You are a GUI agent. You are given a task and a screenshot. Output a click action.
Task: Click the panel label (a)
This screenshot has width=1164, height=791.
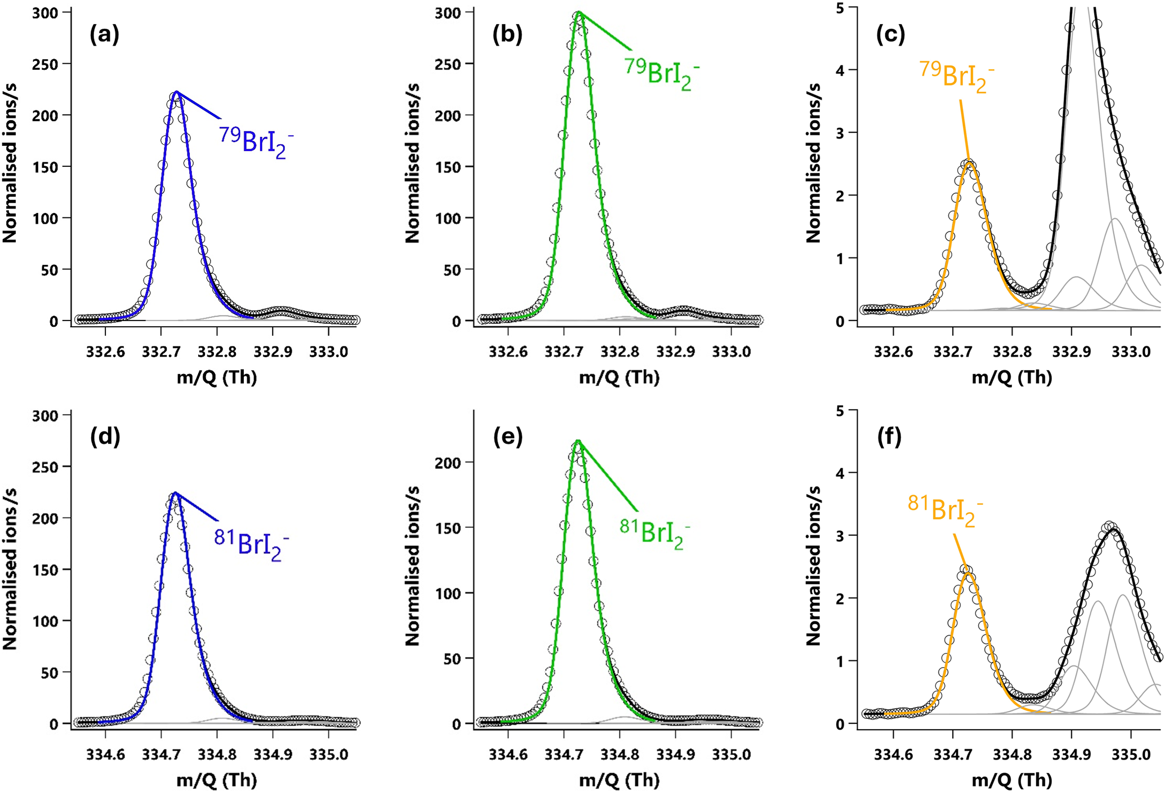click(105, 35)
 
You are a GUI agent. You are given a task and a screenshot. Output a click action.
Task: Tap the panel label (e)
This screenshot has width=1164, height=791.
click(508, 437)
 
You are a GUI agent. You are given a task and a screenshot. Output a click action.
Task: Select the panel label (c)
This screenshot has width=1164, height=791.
click(890, 35)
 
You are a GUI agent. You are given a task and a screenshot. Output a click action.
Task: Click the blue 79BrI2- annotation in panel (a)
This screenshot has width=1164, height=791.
click(256, 142)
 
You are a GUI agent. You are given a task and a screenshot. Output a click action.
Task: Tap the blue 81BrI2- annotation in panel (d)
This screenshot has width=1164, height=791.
click(251, 544)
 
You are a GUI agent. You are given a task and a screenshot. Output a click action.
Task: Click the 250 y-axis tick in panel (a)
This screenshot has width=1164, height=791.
click(44, 64)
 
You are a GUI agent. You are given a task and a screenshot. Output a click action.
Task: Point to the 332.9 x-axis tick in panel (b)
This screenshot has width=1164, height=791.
click(675, 352)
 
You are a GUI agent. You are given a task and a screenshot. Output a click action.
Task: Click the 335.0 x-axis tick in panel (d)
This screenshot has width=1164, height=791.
click(328, 754)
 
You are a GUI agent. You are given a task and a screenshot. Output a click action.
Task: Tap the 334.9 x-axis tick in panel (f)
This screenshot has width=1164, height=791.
click(1071, 754)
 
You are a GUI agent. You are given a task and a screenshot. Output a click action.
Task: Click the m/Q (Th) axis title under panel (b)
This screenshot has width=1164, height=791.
click(619, 377)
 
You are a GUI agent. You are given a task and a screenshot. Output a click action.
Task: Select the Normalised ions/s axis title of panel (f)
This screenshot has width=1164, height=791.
click(813, 566)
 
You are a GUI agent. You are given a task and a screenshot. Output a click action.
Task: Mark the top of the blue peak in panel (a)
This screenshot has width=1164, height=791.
click(176, 92)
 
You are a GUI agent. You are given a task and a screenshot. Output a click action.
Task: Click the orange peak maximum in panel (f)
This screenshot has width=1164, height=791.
click(969, 573)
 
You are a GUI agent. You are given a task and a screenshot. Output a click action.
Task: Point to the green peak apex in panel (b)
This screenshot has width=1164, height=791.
click(578, 13)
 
